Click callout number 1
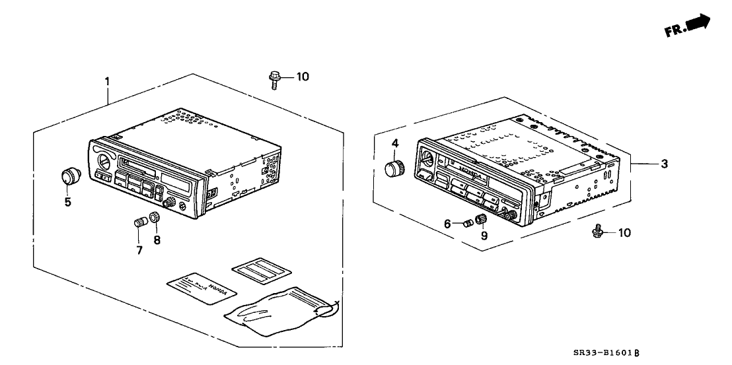pos(107,81)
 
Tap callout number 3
pos(665,164)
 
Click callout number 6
pos(447,224)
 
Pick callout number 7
pos(139,251)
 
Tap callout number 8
pos(157,240)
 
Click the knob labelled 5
pos(69,176)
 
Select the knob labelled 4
pos(395,168)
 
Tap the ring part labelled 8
pos(153,218)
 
